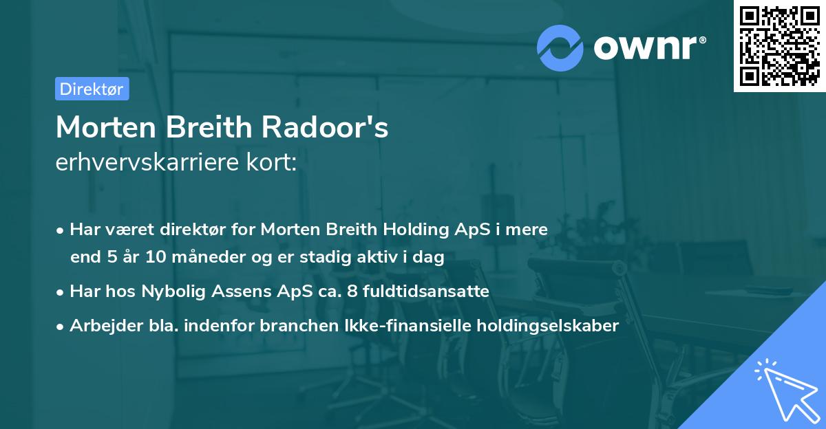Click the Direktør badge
(92, 89)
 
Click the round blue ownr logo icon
(560, 47)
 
